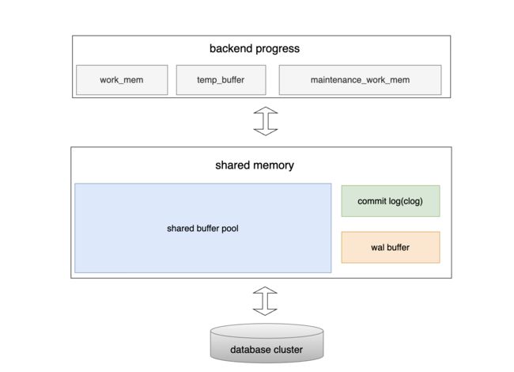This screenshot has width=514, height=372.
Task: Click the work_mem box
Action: point(122,80)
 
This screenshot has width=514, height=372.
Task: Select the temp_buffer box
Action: point(221,80)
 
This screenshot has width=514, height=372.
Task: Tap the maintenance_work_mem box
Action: point(361,80)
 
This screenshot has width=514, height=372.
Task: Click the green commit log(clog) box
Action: point(391,201)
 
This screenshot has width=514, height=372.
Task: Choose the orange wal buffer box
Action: point(391,248)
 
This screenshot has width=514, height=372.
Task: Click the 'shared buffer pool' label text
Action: point(202,228)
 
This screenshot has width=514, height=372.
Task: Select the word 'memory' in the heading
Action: point(272,165)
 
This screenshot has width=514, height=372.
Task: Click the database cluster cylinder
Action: point(266,344)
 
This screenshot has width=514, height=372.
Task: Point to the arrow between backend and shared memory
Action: point(266,121)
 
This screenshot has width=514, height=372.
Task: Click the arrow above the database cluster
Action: point(265,301)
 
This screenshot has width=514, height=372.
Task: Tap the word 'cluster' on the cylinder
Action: point(288,350)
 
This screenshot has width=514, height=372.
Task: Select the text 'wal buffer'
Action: point(390,248)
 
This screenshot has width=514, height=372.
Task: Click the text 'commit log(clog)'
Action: point(390,201)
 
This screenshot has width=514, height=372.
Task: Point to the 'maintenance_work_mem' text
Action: point(361,80)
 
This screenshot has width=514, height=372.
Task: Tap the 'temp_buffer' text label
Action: point(221,80)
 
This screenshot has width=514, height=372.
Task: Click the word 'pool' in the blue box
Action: point(230,228)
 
